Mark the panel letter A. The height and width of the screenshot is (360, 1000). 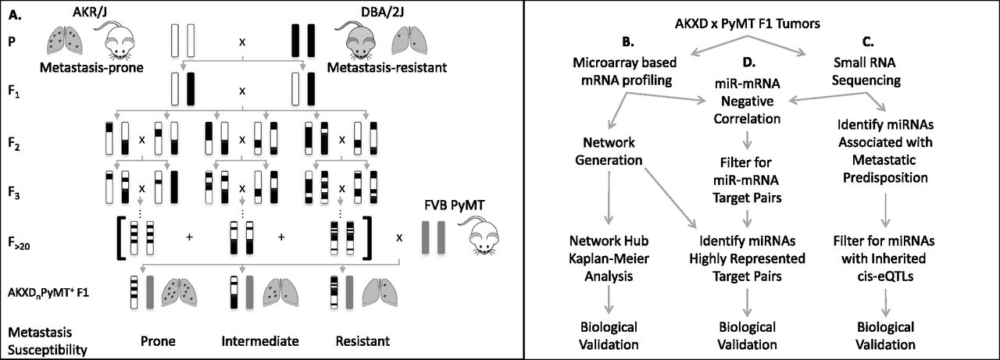coord(12,11)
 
